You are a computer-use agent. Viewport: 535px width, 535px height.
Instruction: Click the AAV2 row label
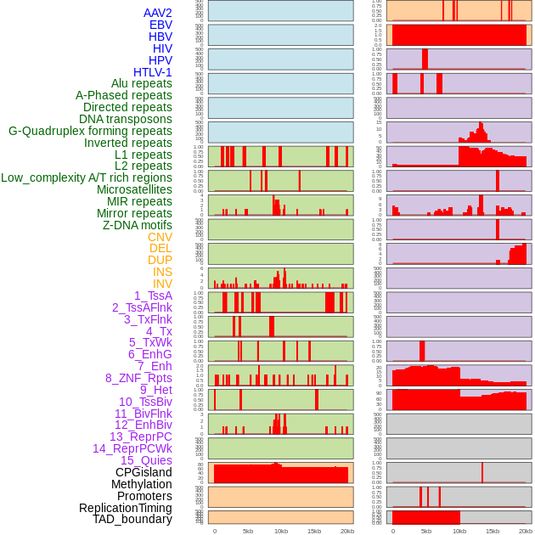tap(158, 13)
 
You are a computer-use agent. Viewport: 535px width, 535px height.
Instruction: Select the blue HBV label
tap(160, 37)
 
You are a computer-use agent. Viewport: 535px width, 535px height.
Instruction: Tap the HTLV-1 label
tap(153, 72)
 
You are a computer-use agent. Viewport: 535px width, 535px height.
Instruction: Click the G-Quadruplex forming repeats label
tap(90, 131)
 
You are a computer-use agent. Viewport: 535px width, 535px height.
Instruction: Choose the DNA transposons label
tap(126, 119)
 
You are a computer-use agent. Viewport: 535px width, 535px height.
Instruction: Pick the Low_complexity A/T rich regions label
tap(87, 177)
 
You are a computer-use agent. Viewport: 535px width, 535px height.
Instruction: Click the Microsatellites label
tap(134, 189)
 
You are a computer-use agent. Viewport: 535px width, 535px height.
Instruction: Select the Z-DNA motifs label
tap(138, 225)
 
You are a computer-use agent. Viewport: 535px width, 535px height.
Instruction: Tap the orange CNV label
tap(160, 237)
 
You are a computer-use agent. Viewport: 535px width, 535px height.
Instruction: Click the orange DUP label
tap(160, 260)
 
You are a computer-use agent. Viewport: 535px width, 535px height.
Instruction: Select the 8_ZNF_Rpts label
tap(138, 378)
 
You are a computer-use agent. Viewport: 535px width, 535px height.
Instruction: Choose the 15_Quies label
tap(146, 460)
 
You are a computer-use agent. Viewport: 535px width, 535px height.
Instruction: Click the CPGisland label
tap(144, 472)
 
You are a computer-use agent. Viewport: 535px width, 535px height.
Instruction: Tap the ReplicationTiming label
tap(126, 508)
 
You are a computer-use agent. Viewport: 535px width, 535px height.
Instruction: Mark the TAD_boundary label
tap(132, 519)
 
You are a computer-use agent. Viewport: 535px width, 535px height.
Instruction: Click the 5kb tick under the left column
tap(248, 531)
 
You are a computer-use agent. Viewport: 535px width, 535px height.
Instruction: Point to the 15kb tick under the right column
tap(493, 531)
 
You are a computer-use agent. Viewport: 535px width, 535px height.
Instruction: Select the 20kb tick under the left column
tap(347, 531)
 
